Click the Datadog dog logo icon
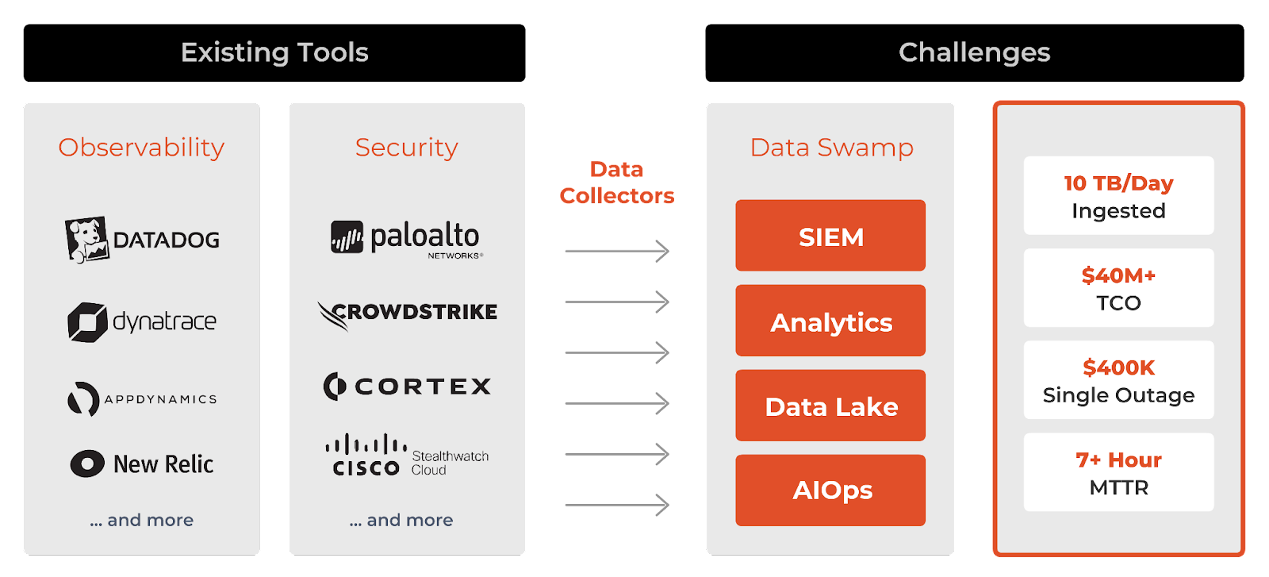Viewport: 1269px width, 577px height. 86,239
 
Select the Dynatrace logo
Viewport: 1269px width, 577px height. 142,321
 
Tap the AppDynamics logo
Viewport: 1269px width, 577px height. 142,398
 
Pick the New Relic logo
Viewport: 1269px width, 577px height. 142,464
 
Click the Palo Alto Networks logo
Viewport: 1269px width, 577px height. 406,238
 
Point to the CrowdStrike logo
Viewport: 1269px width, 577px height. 407,313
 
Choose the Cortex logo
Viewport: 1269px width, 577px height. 407,387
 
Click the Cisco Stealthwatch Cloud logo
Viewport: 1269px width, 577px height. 407,456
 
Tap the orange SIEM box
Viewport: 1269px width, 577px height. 830,236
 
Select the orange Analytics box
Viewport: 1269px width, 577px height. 830,321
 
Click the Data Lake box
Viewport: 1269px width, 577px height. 830,406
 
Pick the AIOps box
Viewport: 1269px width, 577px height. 830,490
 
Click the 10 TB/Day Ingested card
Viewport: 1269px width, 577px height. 1118,195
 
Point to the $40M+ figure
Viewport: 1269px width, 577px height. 1118,275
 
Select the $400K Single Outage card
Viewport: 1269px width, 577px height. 1118,380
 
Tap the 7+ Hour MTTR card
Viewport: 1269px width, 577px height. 1118,472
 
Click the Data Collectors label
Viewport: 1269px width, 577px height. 616,183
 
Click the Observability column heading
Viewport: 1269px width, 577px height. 141,148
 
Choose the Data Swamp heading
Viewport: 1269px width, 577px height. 831,148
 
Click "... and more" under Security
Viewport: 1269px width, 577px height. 401,520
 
